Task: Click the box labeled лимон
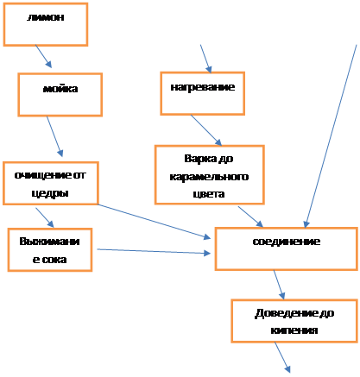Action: [46, 24]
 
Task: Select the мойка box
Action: [60, 95]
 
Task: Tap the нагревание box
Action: [203, 93]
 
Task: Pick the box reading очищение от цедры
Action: [51, 184]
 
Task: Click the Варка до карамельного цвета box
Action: [210, 175]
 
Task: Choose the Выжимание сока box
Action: [50, 250]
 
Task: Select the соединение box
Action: [287, 249]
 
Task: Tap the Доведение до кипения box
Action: [294, 321]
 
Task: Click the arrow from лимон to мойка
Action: [43, 56]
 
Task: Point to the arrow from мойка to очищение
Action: [54, 136]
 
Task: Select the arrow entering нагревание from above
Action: [205, 59]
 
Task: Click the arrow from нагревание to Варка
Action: [206, 130]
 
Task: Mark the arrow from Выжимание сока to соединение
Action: [154, 251]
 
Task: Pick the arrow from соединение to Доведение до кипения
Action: [279, 285]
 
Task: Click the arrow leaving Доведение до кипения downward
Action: [282, 357]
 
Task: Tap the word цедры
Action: [50, 193]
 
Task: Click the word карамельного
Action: [209, 177]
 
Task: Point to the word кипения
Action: [294, 330]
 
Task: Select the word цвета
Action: [209, 194]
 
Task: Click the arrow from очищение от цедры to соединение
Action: [154, 222]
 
